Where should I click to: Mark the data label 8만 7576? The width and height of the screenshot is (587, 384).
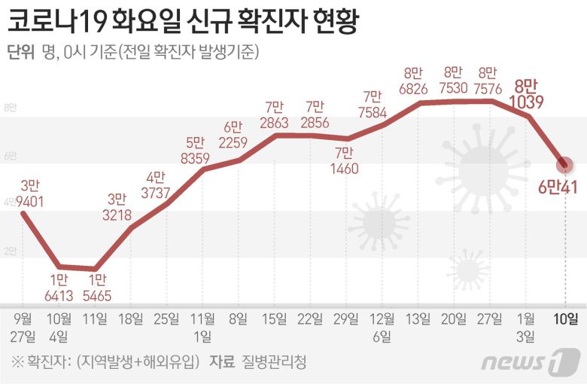(488, 81)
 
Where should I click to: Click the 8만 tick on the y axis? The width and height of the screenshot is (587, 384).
(11, 108)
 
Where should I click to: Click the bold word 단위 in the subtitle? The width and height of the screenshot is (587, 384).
(20, 52)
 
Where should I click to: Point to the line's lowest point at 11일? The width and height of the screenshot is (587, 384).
(94, 269)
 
